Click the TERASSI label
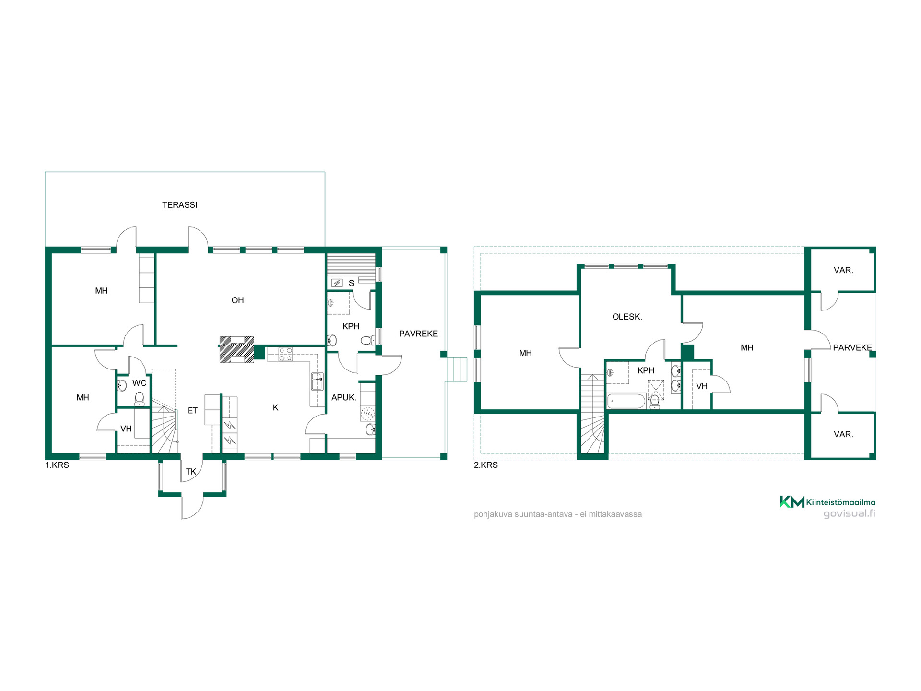179,205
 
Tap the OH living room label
237,300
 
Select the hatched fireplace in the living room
236,349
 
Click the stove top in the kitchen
285,354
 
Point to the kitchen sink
317,381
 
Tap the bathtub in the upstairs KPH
626,401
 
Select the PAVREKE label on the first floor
418,334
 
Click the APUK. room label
343,397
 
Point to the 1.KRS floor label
57,465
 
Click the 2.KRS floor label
485,465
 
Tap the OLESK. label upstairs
627,317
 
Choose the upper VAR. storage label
843,270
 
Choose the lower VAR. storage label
843,434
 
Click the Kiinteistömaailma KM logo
827,502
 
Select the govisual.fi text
849,513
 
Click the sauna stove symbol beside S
337,283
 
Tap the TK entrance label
191,472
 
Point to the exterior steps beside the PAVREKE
456,369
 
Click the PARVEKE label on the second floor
852,347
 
